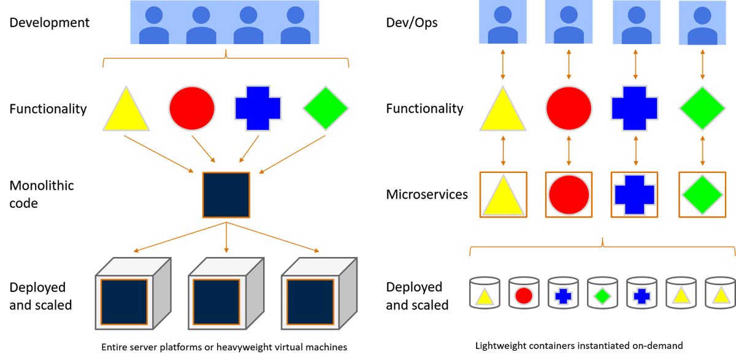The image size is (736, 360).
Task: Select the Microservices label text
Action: pos(427,194)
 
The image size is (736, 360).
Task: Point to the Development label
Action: pos(50,23)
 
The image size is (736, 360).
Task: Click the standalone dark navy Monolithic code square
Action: pos(226,195)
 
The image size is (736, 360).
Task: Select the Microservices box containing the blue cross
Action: pos(635,194)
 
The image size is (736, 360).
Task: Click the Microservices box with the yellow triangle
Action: pos(504,194)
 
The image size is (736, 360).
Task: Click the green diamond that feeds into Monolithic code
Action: pos(326,109)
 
